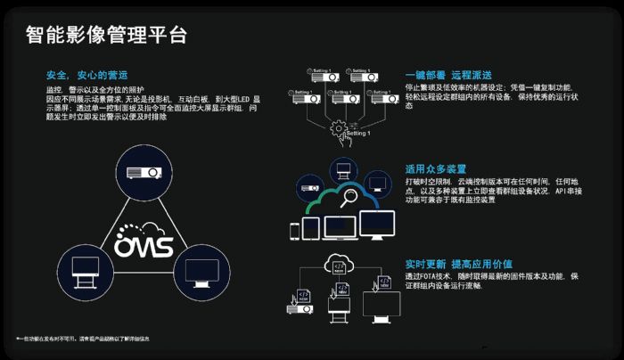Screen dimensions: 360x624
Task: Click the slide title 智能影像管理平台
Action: tap(106, 35)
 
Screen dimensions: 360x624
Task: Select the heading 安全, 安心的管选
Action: tap(86, 75)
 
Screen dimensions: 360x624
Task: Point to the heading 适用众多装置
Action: tap(436, 168)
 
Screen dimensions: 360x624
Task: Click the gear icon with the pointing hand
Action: tap(339, 129)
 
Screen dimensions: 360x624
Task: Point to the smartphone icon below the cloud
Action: tap(294, 231)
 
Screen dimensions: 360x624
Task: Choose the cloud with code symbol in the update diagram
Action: tap(340, 266)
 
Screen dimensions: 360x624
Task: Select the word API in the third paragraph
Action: tap(562, 191)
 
